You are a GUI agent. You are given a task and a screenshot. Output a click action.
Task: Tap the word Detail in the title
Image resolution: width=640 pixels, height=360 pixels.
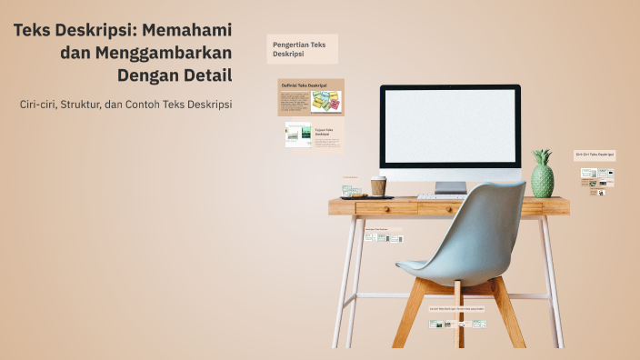[205, 75]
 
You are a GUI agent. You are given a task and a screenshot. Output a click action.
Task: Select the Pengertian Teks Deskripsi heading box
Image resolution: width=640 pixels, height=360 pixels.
[301, 49]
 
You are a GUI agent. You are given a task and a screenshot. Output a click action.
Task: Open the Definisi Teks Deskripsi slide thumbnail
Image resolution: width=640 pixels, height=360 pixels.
[311, 97]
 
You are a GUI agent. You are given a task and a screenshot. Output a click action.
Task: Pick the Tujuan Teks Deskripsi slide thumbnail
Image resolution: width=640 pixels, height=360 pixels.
[311, 135]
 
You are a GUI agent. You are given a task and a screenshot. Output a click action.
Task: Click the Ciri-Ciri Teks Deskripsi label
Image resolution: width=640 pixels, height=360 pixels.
[595, 155]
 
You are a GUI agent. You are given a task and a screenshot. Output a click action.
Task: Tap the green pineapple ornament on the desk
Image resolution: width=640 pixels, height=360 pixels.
[542, 175]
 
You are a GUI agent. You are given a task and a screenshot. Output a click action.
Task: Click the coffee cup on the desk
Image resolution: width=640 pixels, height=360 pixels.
[378, 185]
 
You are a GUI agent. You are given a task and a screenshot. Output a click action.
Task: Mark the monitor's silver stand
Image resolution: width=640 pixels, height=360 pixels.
[450, 186]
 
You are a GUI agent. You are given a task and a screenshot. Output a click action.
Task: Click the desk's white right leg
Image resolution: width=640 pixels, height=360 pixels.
[553, 282]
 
